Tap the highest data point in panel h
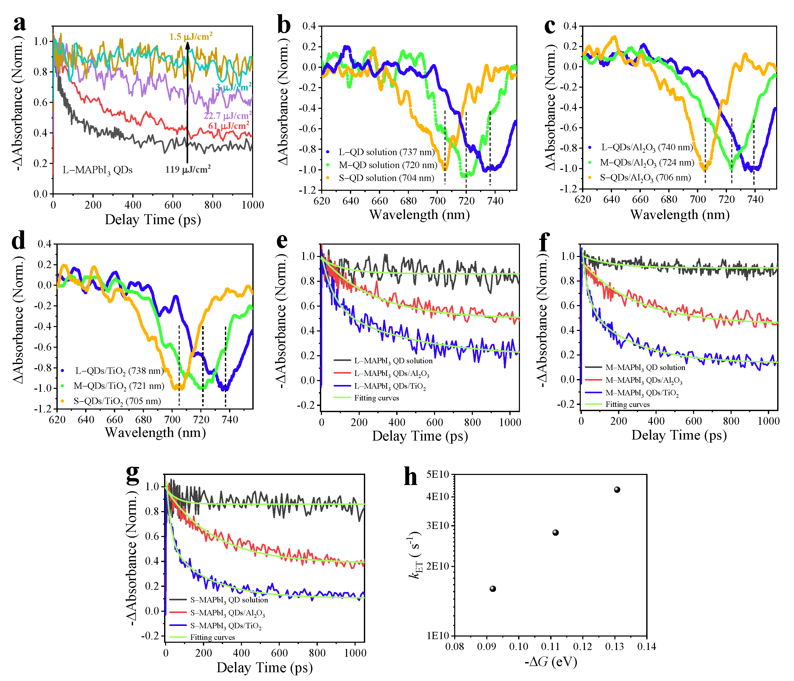(617, 490)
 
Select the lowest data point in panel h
(493, 589)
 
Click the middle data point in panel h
(555, 533)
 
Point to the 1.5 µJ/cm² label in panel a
(191, 37)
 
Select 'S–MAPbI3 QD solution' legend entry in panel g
(229, 600)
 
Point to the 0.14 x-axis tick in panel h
(646, 647)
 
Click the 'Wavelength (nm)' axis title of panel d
(155, 433)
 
